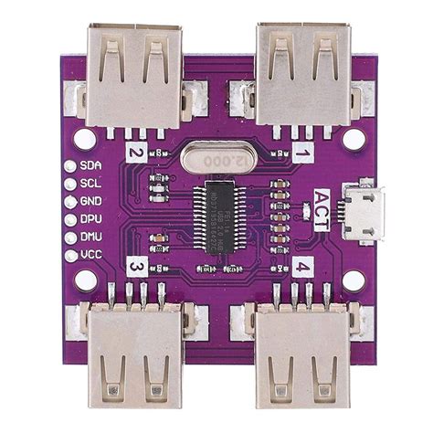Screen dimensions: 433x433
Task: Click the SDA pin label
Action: coord(90,166)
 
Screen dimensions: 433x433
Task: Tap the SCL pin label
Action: coord(90,184)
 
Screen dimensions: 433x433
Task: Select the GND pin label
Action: coord(90,201)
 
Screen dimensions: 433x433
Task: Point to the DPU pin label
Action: coord(90,218)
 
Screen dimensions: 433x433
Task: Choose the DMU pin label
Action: coord(90,236)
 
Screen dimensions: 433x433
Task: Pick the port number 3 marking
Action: coord(135,267)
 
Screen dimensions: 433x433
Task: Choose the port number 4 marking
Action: coord(302,268)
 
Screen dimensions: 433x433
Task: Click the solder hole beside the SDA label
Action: coord(69,166)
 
